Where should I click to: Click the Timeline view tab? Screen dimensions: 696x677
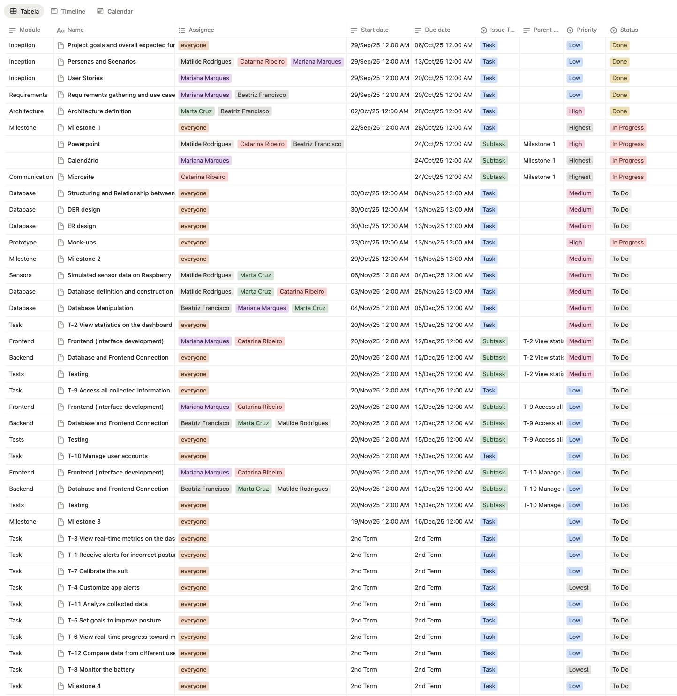point(68,11)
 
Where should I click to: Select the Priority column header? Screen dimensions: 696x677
point(586,30)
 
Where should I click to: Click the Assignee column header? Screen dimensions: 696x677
point(201,30)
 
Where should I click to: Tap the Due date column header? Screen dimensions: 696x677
point(437,30)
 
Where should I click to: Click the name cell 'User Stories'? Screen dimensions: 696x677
point(85,78)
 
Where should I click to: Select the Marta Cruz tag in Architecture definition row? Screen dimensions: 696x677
point(196,111)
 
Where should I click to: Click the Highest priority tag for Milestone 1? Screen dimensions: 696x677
point(579,128)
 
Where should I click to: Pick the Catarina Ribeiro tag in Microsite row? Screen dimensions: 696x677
point(203,177)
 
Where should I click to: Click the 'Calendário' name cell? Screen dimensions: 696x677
point(83,161)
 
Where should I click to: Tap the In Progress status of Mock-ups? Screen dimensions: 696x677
point(627,243)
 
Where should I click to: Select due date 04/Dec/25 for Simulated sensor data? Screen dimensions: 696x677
point(444,275)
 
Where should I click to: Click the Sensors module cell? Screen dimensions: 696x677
point(21,275)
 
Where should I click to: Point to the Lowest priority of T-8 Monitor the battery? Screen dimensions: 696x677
point(579,670)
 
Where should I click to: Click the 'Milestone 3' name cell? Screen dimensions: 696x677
point(84,522)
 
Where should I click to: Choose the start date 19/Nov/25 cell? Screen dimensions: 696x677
point(379,522)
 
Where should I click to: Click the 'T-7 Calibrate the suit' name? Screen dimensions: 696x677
point(98,571)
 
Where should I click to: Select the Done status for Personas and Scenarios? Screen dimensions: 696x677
point(619,62)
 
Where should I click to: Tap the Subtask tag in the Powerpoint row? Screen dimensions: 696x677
point(494,144)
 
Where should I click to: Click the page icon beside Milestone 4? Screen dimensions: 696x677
point(60,686)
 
